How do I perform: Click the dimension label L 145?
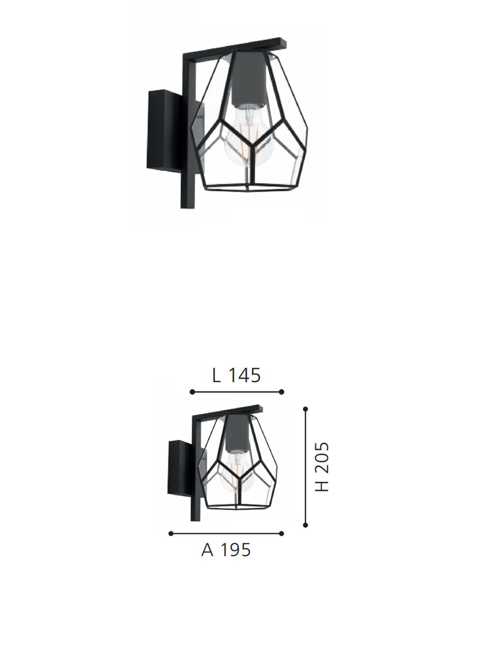tap(237, 375)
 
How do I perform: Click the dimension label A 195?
tap(226, 550)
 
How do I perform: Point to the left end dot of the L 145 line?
tap(192, 391)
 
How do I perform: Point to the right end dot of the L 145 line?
tap(281, 391)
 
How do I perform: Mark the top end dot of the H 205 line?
tap(305, 408)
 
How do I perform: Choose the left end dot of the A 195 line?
tap(170, 533)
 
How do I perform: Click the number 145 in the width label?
tap(245, 375)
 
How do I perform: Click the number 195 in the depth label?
tap(235, 550)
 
